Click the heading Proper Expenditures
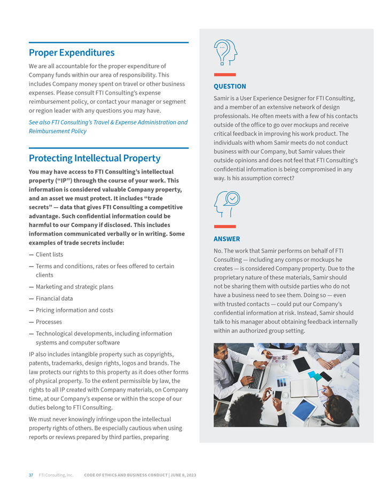(72, 53)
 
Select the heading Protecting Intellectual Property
(95, 159)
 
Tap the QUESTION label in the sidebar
(230, 87)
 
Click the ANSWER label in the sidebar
(227, 239)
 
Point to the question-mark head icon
(225, 52)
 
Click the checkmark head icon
(227, 203)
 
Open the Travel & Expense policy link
(108, 127)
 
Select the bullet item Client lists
(49, 255)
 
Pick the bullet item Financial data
(54, 299)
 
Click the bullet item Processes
(49, 322)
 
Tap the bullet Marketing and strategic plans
(74, 287)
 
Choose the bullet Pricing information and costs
(74, 310)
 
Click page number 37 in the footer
(31, 475)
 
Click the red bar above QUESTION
(224, 75)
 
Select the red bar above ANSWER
(224, 227)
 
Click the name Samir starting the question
(222, 99)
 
